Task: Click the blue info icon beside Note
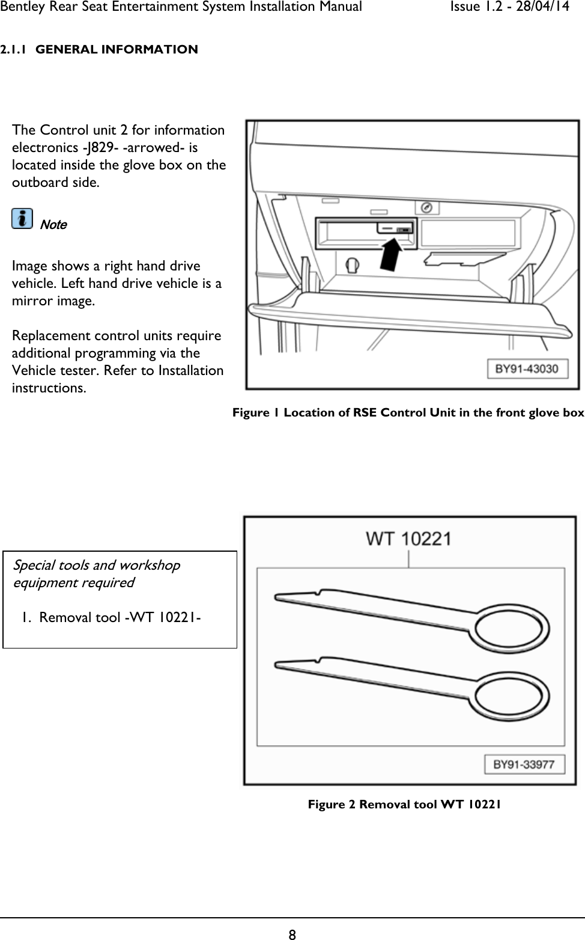click(x=23, y=219)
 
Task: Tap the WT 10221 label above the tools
click(x=409, y=539)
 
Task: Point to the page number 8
click(x=292, y=934)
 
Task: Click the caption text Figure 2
click(x=332, y=804)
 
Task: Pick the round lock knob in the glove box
click(x=353, y=263)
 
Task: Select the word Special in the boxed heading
click(x=34, y=565)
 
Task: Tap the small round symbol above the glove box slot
click(x=427, y=208)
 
